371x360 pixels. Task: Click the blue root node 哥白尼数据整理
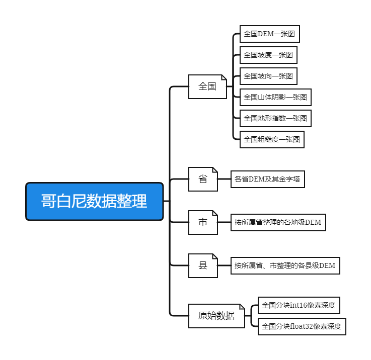95,202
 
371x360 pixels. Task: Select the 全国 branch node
207,86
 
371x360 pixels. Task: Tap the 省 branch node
203,179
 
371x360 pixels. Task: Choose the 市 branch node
203,222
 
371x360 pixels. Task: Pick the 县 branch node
203,265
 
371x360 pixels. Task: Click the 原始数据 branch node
216,316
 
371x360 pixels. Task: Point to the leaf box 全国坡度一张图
268,55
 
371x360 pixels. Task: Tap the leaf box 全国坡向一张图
268,76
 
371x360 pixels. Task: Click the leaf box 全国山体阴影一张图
275,97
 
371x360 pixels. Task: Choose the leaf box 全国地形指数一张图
275,118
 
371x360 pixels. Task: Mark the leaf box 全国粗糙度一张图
272,139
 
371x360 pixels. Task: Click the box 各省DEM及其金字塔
268,179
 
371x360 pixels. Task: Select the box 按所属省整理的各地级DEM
277,222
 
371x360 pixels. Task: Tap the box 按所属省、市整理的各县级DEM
284,265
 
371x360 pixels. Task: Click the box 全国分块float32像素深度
302,326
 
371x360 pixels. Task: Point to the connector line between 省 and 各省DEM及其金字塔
224,179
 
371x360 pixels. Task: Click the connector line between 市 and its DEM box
224,222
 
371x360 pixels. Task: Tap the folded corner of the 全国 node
224,78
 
